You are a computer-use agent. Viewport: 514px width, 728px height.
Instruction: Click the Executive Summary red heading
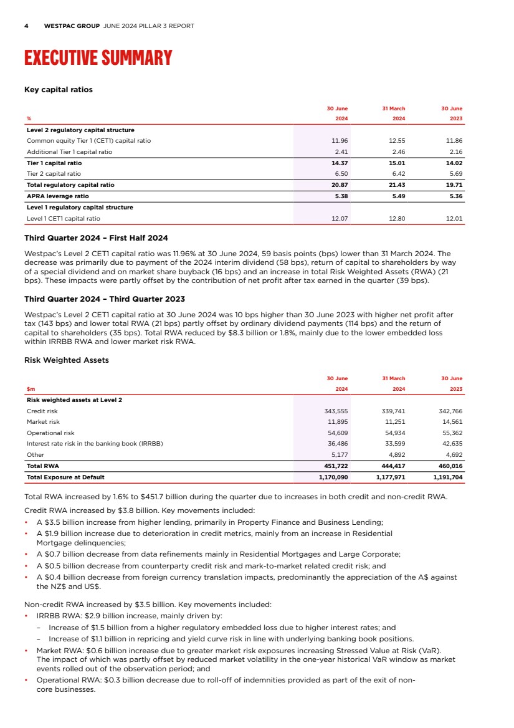(x=98, y=58)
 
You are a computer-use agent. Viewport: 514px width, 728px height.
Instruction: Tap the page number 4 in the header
(x=26, y=26)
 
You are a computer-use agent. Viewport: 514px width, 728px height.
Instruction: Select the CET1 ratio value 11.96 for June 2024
(x=340, y=141)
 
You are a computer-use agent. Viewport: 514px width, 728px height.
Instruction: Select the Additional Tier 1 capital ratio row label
(x=69, y=151)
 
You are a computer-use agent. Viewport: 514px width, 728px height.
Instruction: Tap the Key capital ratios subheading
(x=58, y=90)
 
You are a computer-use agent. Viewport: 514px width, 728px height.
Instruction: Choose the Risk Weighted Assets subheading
(x=66, y=360)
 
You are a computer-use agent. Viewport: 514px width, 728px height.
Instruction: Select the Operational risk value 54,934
(x=393, y=433)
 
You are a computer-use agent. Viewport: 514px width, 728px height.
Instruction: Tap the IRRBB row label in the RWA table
(x=95, y=444)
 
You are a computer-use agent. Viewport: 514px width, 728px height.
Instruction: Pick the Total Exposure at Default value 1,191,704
(x=448, y=477)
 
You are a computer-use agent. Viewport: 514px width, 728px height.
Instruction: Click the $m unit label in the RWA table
(x=31, y=389)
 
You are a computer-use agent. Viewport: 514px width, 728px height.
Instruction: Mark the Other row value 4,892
(x=395, y=454)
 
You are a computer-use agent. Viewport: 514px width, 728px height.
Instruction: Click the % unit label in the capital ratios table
(x=29, y=118)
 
